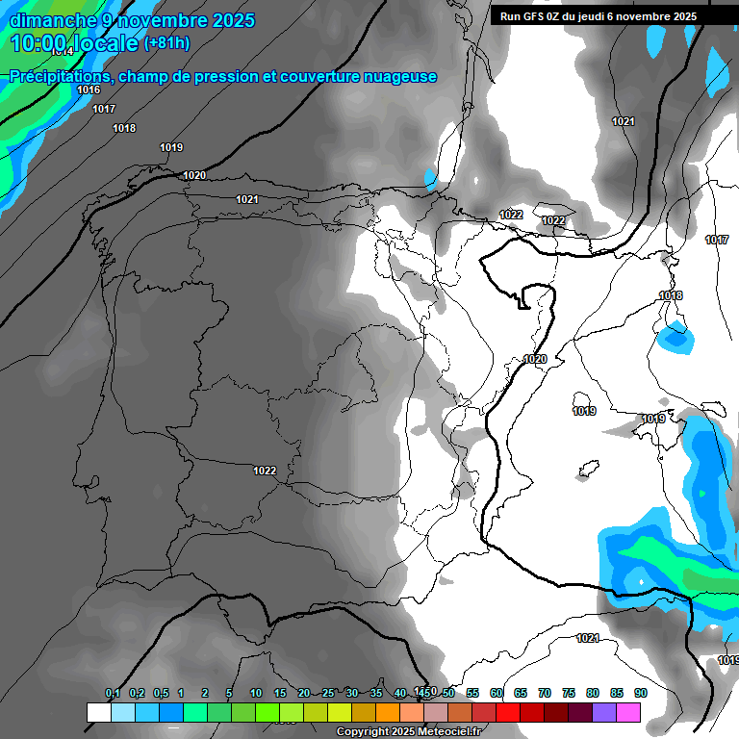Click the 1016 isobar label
(x=89, y=89)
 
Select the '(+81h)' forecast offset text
(x=166, y=43)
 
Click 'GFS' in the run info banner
(x=540, y=16)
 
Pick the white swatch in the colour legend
(x=98, y=713)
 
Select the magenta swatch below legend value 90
(x=628, y=713)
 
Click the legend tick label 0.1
(x=113, y=693)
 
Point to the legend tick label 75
(x=569, y=693)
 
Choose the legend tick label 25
(x=328, y=693)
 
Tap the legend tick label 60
(x=497, y=693)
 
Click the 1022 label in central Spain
(x=265, y=471)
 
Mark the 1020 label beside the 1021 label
(x=194, y=175)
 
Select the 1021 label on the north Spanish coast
(x=247, y=199)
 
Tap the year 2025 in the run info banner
(x=684, y=16)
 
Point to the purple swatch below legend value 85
(x=604, y=713)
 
